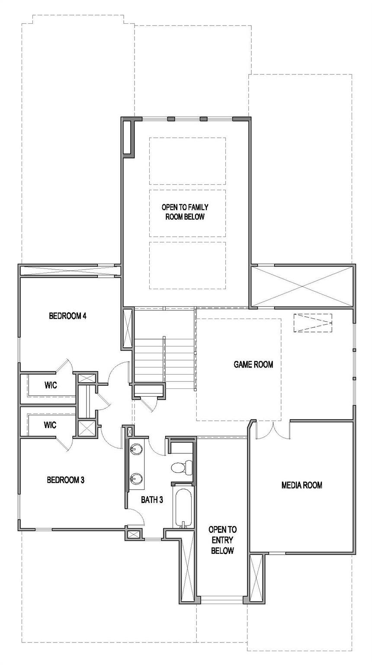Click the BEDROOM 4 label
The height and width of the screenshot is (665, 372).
[x=68, y=316]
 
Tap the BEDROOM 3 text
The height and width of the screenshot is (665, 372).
[x=65, y=480]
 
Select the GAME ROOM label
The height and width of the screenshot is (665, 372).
[x=253, y=365]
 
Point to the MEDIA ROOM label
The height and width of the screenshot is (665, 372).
[x=301, y=485]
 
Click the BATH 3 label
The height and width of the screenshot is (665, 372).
[x=152, y=500]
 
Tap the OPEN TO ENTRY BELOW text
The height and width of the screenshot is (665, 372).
[x=222, y=540]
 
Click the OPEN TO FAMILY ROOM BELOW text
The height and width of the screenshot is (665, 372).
[x=185, y=212]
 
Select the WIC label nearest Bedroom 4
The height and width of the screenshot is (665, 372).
[x=51, y=385]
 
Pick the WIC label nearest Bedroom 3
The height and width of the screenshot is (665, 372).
[x=50, y=425]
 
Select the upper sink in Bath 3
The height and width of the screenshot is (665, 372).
[x=137, y=449]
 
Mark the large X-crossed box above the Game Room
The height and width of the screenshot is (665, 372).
[x=302, y=287]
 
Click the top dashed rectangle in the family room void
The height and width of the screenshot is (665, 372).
[x=188, y=161]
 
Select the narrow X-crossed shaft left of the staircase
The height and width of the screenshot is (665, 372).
[x=128, y=328]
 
